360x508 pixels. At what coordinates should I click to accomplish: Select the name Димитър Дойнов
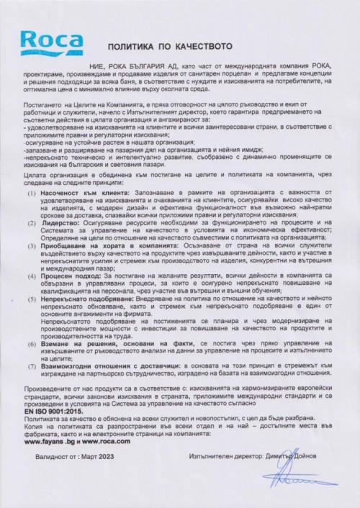click(294, 457)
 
